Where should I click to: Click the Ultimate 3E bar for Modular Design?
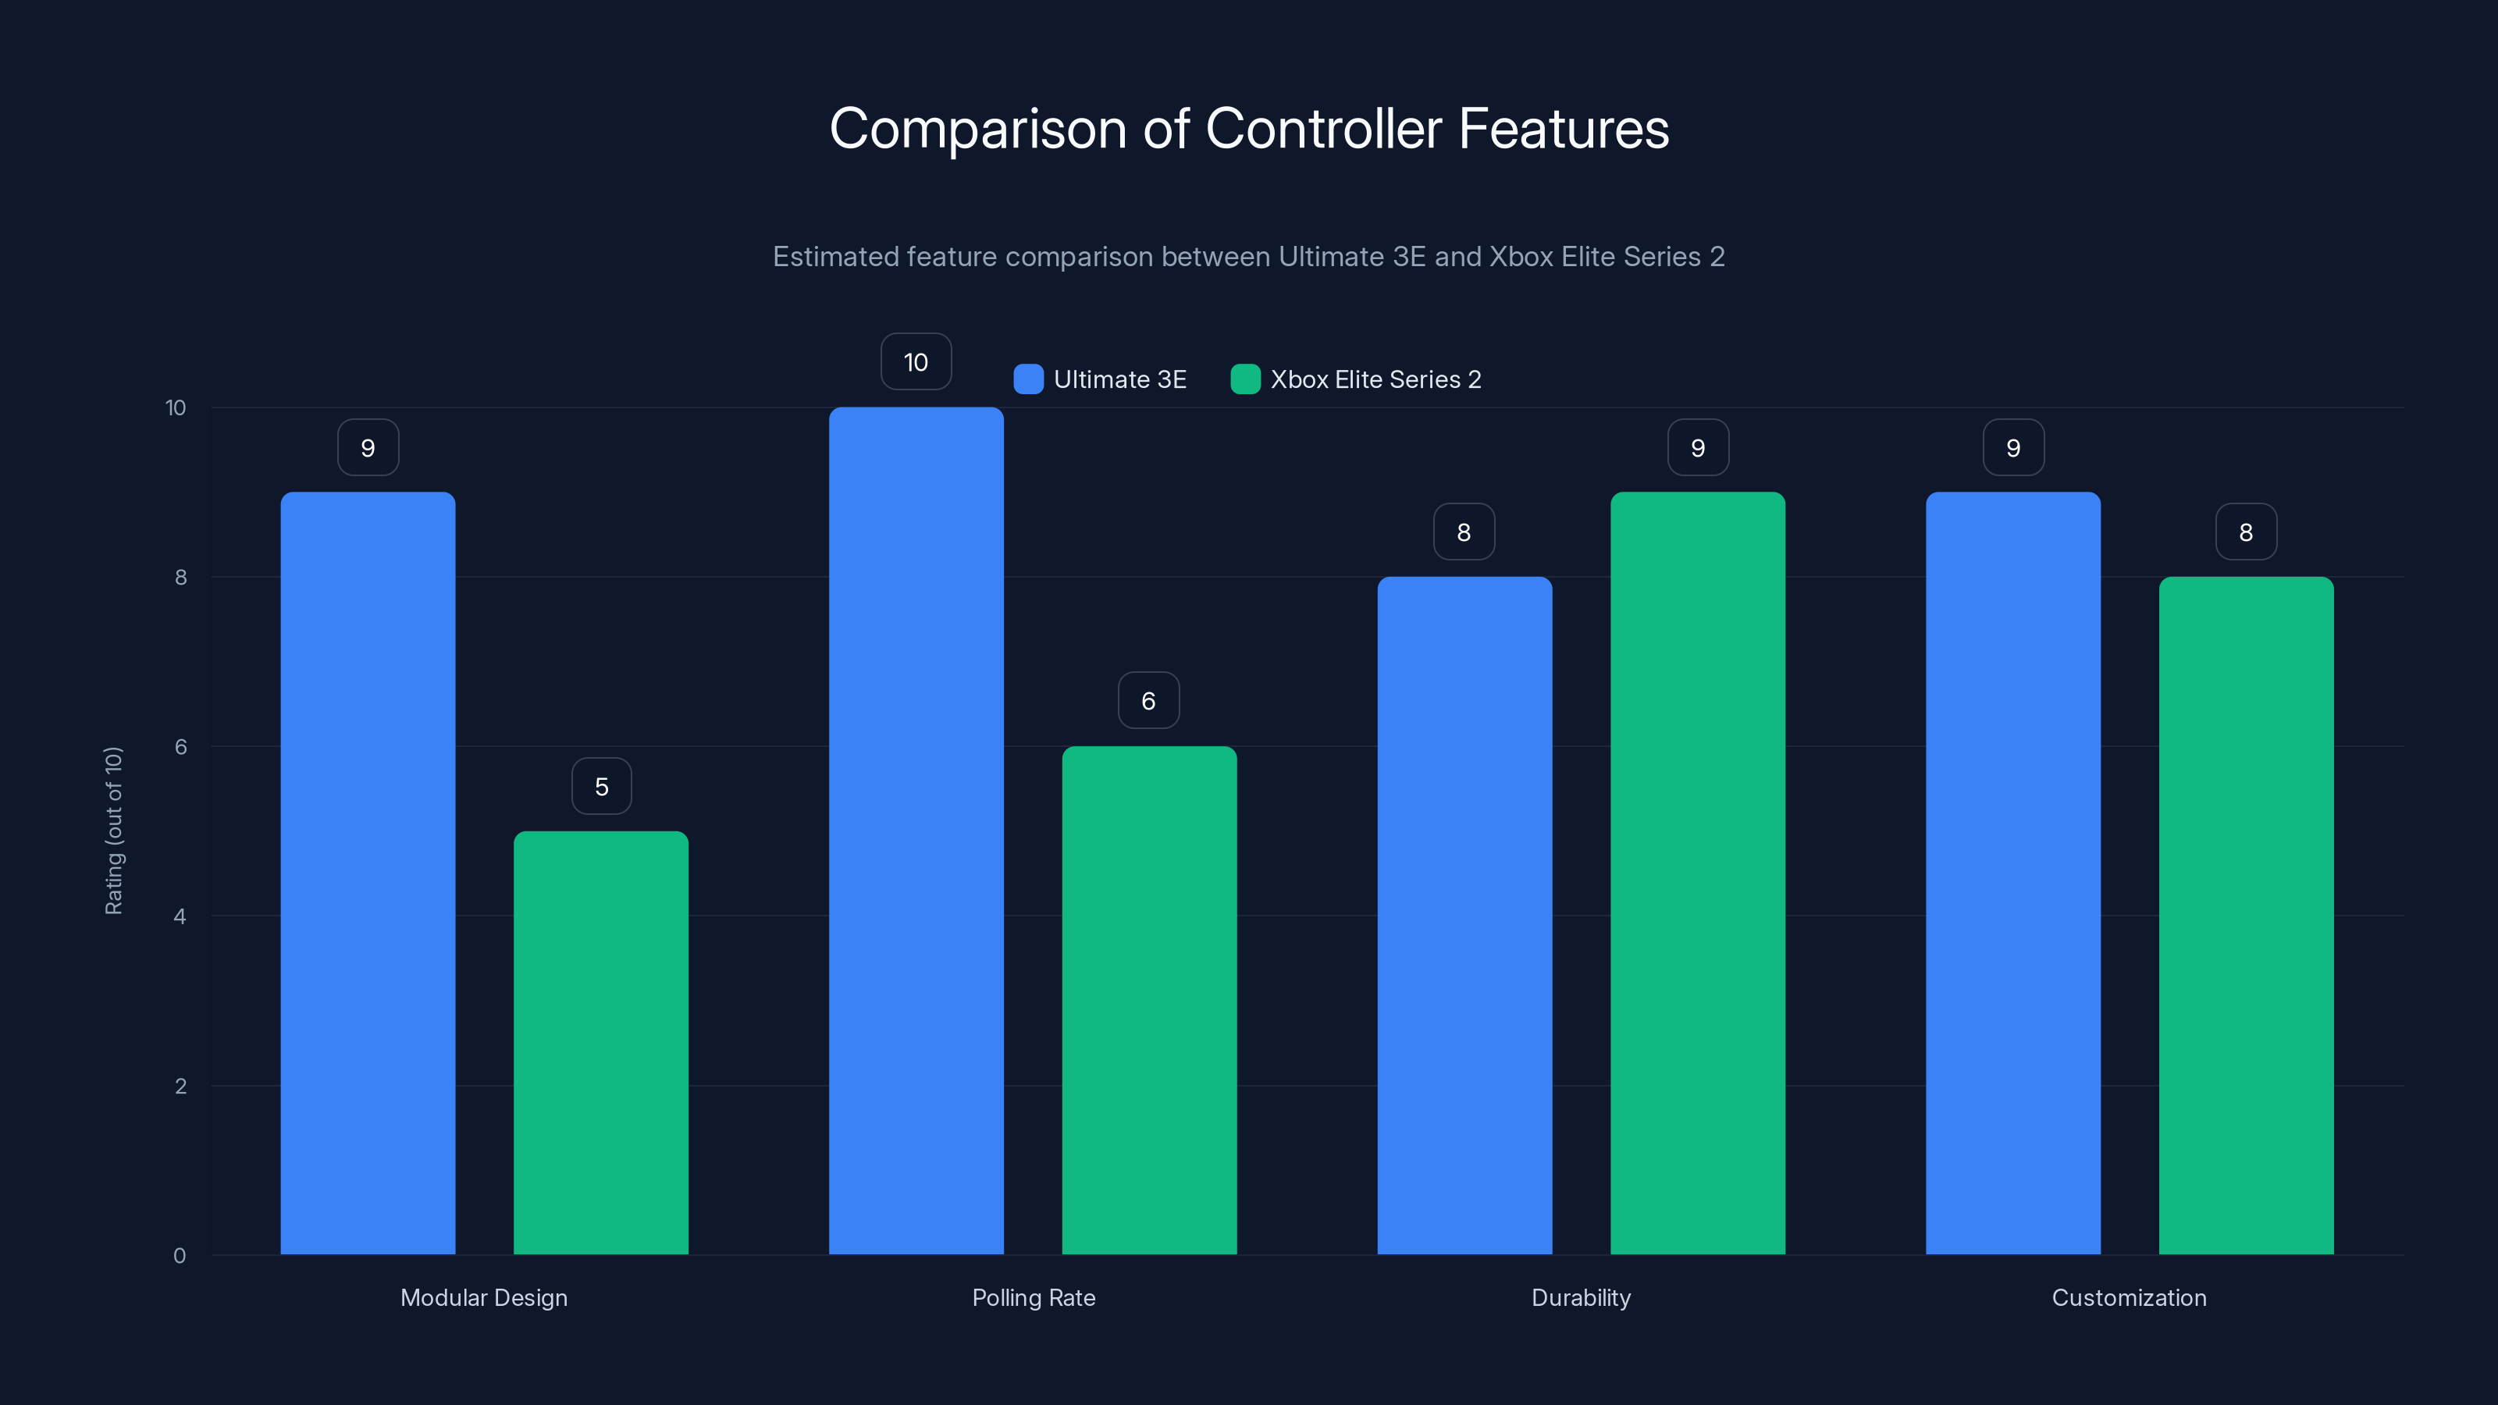pyautogui.click(x=368, y=873)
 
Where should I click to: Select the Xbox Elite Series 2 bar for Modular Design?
pyautogui.click(x=600, y=1042)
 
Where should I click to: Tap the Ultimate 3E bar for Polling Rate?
pyautogui.click(x=916, y=831)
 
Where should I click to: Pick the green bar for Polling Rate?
pyautogui.click(x=1149, y=1000)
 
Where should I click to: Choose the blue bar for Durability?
pyautogui.click(x=1464, y=916)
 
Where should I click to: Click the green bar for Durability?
pyautogui.click(x=1697, y=873)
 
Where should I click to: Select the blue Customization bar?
pyautogui.click(x=2013, y=873)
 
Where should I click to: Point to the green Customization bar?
pyautogui.click(x=2246, y=916)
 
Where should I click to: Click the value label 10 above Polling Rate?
pyautogui.click(x=916, y=361)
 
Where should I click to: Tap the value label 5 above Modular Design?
pyautogui.click(x=601, y=786)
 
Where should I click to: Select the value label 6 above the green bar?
pyautogui.click(x=1148, y=701)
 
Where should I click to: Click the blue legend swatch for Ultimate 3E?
pyautogui.click(x=1028, y=379)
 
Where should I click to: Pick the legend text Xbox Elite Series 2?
pyautogui.click(x=1375, y=379)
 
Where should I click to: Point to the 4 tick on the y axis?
pyautogui.click(x=180, y=916)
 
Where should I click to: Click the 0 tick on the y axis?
pyautogui.click(x=180, y=1256)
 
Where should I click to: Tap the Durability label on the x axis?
pyautogui.click(x=1581, y=1297)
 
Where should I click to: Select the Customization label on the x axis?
pyautogui.click(x=2129, y=1297)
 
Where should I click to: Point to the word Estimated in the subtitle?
pyautogui.click(x=835, y=257)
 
